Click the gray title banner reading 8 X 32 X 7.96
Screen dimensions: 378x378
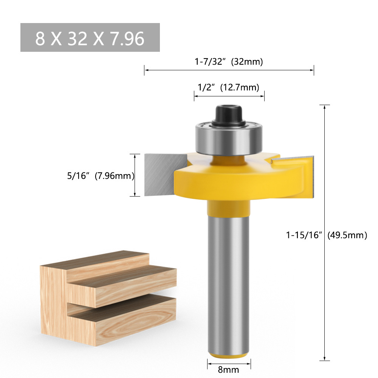point(90,37)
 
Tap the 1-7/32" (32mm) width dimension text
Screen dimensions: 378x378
point(229,61)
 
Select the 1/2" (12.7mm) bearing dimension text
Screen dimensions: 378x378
point(229,87)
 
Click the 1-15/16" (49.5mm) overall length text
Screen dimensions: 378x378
point(326,235)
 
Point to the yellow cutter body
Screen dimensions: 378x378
point(234,181)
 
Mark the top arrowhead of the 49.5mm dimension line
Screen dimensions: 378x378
point(325,107)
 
